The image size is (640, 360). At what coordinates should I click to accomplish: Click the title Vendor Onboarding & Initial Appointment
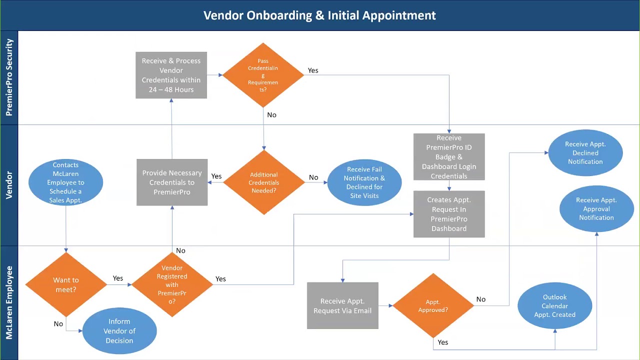(319, 15)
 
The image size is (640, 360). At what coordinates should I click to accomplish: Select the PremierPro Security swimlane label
(9, 77)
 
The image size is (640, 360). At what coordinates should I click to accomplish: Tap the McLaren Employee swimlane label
(9, 302)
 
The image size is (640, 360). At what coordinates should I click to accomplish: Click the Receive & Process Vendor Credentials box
(171, 75)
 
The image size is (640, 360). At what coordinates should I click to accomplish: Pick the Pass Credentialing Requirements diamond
(263, 75)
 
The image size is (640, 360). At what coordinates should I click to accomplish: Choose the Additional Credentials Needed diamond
(263, 182)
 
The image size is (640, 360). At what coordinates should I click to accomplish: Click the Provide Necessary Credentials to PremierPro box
(172, 182)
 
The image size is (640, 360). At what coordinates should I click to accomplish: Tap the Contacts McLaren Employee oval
(65, 182)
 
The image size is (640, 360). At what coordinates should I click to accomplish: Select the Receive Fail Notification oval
(364, 182)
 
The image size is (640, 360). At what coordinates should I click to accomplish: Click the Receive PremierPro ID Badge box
(449, 156)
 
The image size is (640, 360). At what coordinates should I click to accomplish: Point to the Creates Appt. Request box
(449, 214)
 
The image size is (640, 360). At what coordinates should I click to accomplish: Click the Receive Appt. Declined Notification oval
(585, 152)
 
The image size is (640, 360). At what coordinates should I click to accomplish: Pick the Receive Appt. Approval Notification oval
(596, 208)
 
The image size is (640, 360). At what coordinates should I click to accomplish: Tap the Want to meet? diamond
(65, 284)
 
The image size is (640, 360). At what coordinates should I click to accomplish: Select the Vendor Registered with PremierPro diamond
(172, 284)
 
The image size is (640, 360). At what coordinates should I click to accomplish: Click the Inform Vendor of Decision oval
(119, 331)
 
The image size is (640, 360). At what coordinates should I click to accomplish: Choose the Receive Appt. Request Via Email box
(342, 305)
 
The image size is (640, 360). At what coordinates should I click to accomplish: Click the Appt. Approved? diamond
(433, 305)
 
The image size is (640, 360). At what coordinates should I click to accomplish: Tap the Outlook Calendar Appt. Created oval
(554, 305)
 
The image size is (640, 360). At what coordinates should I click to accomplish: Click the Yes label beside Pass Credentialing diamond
(313, 70)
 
